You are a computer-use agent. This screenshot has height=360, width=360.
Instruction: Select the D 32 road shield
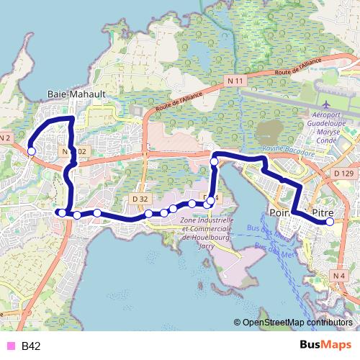pos(140,198)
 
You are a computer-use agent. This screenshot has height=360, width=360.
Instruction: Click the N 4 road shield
pos(340,275)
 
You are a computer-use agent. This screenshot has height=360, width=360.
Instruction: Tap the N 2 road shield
pos(5,138)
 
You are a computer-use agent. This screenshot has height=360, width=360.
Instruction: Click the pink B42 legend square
pos(9,346)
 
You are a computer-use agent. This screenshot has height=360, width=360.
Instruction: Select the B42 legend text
pos(30,346)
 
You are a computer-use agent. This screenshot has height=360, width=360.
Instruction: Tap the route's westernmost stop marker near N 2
pos(31,150)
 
